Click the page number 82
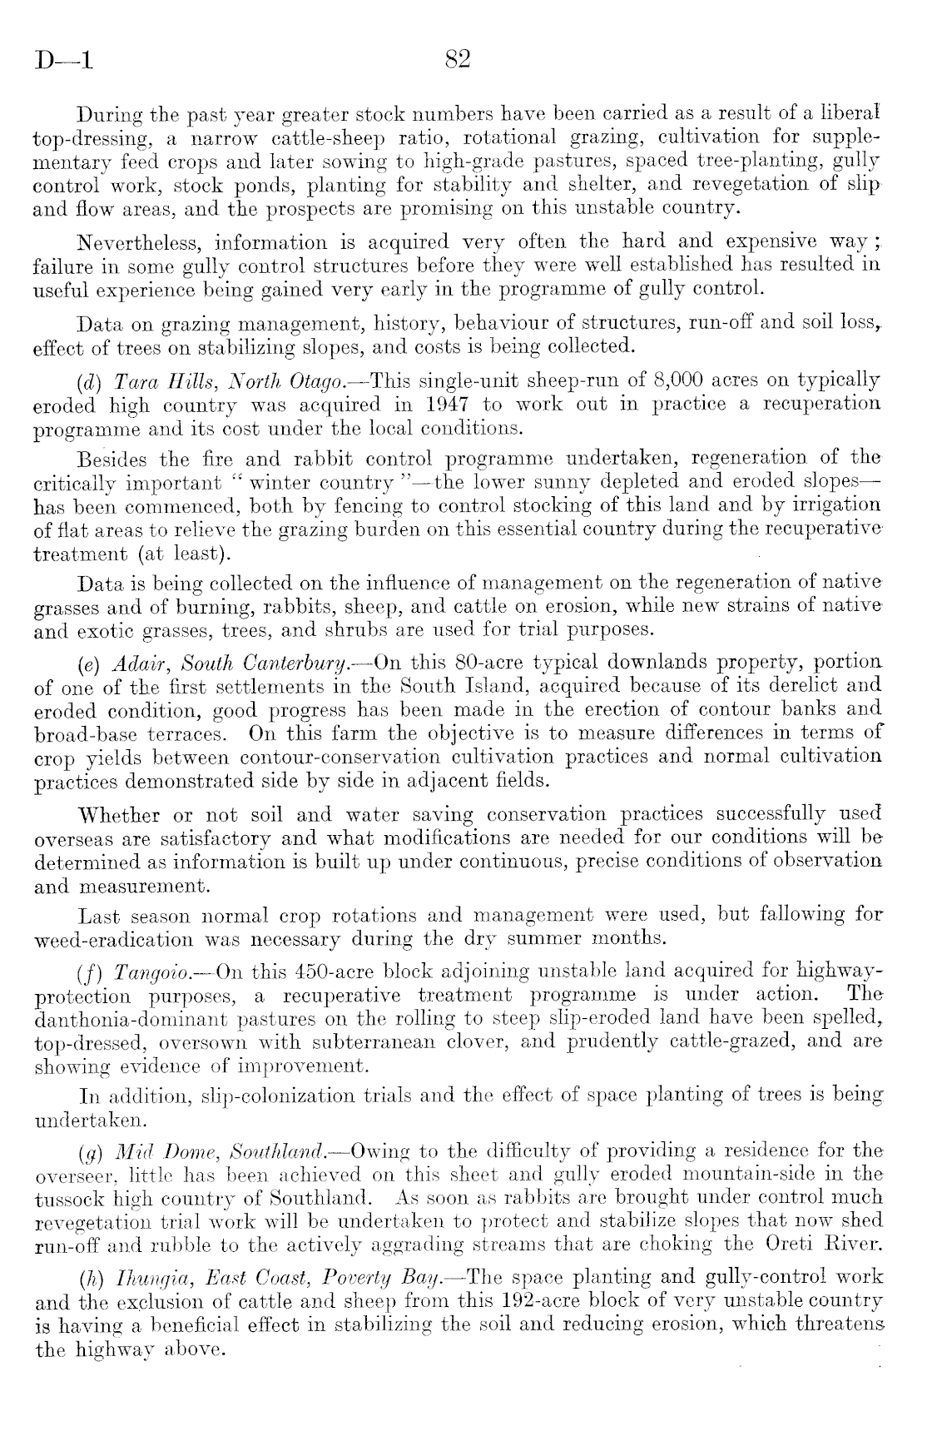tap(459, 60)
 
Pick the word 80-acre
tap(452, 663)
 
